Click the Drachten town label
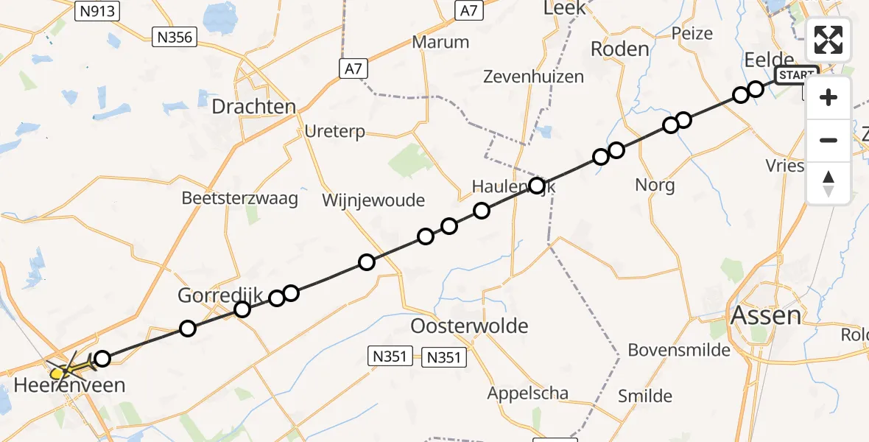[x=253, y=107]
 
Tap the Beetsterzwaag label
[x=240, y=199]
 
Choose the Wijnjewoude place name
[x=373, y=200]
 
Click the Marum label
[x=440, y=42]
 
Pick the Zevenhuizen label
[x=533, y=76]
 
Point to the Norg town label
[x=655, y=185]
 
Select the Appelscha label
[x=528, y=393]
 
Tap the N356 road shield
[x=175, y=37]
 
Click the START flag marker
[x=797, y=75]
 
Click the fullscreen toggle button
[x=828, y=40]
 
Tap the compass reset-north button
[x=828, y=183]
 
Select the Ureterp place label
[x=335, y=132]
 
